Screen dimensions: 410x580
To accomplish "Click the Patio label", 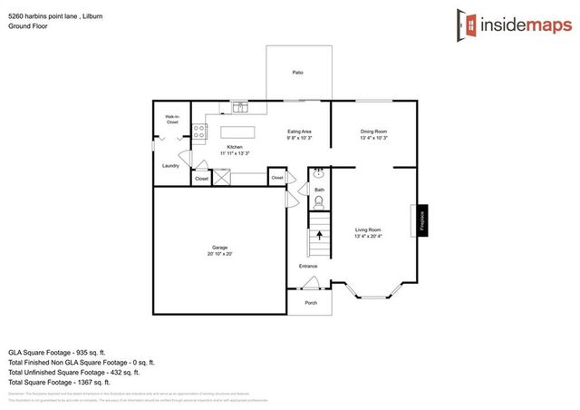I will (x=297, y=73).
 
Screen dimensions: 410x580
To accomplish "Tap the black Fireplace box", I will (x=421, y=221).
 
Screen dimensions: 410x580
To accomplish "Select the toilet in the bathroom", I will (x=318, y=202).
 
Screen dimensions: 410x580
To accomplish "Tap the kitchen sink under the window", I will (x=241, y=109).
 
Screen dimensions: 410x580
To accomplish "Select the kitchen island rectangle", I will (x=238, y=133).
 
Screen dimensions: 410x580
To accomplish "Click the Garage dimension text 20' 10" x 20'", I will (x=218, y=253).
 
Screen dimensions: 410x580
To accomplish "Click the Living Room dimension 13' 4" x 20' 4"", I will (x=368, y=235).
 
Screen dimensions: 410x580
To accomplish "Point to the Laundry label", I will (x=169, y=166).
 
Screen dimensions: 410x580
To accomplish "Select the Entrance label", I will (x=309, y=266).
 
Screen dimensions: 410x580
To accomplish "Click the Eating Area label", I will (x=299, y=132).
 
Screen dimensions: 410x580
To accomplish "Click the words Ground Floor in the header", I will (x=27, y=26).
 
